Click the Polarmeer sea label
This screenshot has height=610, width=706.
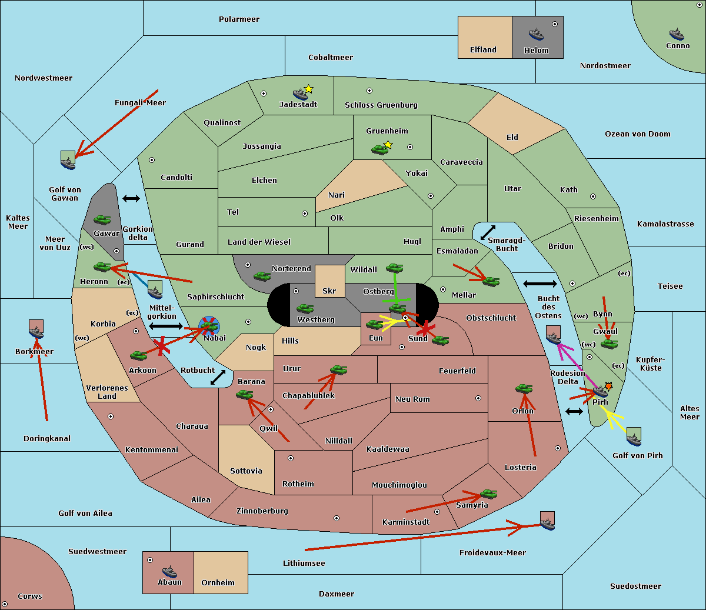click(x=239, y=19)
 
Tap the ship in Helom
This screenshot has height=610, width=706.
click(x=536, y=34)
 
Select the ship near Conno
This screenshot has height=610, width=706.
click(x=677, y=34)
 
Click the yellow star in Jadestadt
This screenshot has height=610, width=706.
click(x=308, y=89)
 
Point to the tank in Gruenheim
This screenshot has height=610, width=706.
click(x=379, y=150)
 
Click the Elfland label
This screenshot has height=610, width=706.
click(x=483, y=50)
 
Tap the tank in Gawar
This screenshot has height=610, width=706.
click(x=102, y=219)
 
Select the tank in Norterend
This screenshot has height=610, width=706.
click(x=262, y=276)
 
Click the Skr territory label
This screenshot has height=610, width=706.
click(x=329, y=291)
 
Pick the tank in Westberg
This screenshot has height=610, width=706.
click(x=305, y=308)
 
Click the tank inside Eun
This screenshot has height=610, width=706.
click(x=374, y=324)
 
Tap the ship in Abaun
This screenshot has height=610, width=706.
click(x=169, y=571)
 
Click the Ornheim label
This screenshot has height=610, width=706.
click(x=218, y=582)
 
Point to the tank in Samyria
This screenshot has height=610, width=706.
click(x=488, y=494)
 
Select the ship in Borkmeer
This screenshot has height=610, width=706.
click(x=36, y=331)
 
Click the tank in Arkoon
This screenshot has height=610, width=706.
click(x=138, y=355)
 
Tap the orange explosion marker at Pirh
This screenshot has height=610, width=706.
click(x=608, y=386)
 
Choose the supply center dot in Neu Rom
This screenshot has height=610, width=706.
click(x=478, y=398)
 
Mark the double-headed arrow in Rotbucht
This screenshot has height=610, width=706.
click(x=218, y=377)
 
